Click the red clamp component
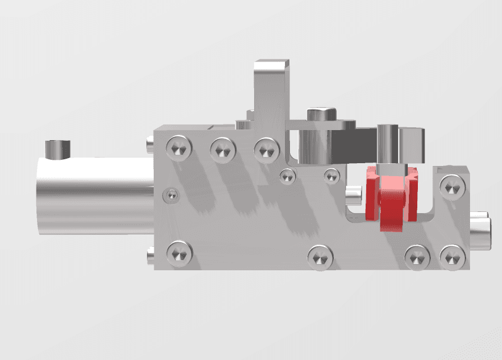pyautogui.click(x=390, y=199)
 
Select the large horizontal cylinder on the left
pyautogui.click(x=93, y=195)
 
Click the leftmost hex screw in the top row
pyautogui.click(x=179, y=149)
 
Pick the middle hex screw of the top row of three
pyautogui.click(x=223, y=149)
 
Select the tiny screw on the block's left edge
pyautogui.click(x=171, y=195)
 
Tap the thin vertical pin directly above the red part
pyautogui.click(x=388, y=144)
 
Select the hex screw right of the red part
pyautogui.click(x=452, y=186)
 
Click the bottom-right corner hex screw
pyautogui.click(x=452, y=257)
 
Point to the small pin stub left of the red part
pyautogui.click(x=353, y=195)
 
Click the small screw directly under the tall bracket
pyautogui.click(x=288, y=176)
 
